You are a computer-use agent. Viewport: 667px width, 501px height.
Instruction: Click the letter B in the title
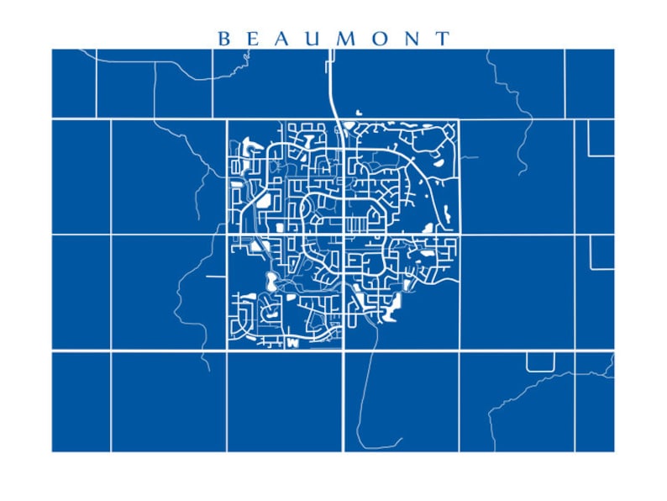tap(223, 39)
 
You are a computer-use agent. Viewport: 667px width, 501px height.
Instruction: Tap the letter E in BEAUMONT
tap(253, 39)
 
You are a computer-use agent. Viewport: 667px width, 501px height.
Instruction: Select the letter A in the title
tap(284, 39)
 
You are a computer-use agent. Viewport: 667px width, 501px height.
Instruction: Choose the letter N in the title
tap(412, 39)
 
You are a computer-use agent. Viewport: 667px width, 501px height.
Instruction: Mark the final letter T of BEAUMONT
tap(443, 39)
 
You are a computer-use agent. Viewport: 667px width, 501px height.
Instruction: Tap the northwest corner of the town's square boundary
tap(227, 119)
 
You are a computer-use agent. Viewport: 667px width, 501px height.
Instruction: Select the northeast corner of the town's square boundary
tap(459, 119)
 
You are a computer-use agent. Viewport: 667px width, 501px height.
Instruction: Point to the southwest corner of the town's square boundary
tap(227, 350)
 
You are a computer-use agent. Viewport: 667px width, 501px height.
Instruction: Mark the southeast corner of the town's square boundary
tap(459, 350)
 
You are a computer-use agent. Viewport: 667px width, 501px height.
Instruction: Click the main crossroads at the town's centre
tap(343, 235)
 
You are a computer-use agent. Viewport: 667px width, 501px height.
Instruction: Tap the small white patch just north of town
tap(358, 112)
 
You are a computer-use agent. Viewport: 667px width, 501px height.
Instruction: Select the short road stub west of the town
tap(216, 275)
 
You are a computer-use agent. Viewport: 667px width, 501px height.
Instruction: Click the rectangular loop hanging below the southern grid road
tap(540, 361)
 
